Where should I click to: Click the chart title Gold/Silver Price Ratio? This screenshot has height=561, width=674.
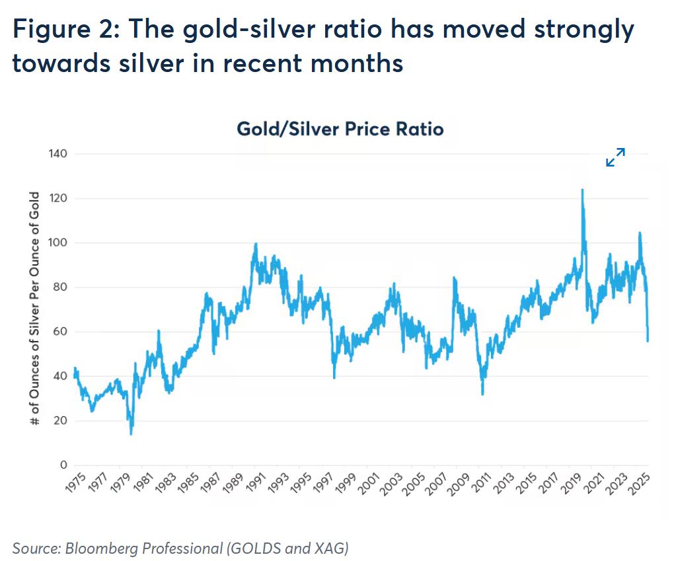tap(340, 129)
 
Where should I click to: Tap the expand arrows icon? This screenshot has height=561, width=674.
tap(615, 157)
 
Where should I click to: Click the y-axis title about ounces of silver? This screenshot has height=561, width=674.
tap(35, 309)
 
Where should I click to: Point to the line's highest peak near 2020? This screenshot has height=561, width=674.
tap(582, 190)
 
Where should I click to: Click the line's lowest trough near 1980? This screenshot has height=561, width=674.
tap(131, 433)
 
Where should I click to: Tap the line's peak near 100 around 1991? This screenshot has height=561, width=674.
tap(256, 244)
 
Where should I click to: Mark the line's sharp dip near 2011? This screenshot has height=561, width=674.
tap(482, 394)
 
